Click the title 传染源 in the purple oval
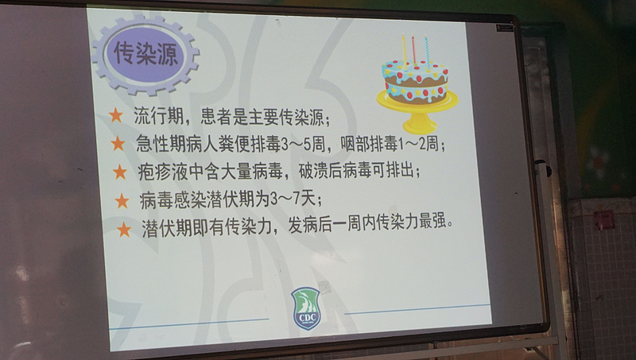(x=145, y=53)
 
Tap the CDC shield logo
(x=306, y=308)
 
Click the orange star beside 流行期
(x=115, y=115)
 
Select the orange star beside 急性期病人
(x=118, y=143)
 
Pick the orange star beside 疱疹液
(x=120, y=172)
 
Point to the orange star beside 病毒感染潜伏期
(x=122, y=201)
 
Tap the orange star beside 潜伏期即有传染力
(x=124, y=230)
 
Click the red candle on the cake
(x=413, y=50)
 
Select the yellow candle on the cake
(x=404, y=49)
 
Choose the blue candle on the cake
(x=427, y=51)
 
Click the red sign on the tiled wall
(x=603, y=219)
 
